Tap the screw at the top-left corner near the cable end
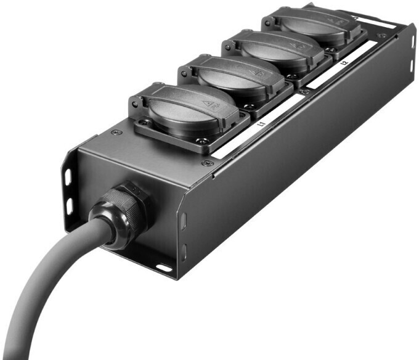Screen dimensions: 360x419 112,132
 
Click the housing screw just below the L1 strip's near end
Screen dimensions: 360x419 205,163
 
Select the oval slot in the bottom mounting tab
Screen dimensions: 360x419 164,268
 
